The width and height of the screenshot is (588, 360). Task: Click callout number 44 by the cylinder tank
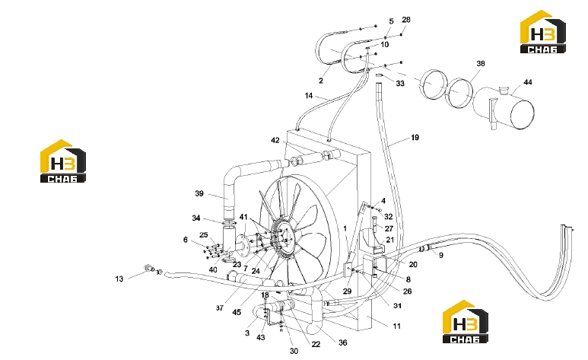click(x=528, y=82)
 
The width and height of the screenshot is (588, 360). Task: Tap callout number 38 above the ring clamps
click(x=481, y=63)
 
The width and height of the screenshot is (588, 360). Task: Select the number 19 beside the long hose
click(x=415, y=138)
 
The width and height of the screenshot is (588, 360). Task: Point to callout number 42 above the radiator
click(x=275, y=140)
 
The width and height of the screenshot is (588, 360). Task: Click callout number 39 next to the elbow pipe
click(x=199, y=193)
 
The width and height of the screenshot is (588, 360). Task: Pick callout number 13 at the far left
click(x=119, y=279)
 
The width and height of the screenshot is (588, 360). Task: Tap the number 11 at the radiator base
click(x=397, y=327)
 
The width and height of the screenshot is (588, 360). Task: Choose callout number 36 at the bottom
click(x=343, y=342)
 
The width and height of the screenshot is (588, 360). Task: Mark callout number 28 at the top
click(x=406, y=20)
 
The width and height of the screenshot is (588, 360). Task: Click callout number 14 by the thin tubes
click(x=309, y=96)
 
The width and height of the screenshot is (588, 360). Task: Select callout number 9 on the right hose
click(x=441, y=255)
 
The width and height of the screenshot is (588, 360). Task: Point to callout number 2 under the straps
click(x=321, y=81)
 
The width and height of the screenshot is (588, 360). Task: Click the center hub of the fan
click(x=286, y=239)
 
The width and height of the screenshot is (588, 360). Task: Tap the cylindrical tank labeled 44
click(x=504, y=109)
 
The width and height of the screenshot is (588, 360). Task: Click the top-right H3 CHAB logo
click(x=542, y=31)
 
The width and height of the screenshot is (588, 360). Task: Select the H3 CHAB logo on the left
click(x=63, y=161)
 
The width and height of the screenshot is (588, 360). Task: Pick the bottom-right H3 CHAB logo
click(x=465, y=321)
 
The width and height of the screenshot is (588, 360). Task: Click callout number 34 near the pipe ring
click(x=196, y=218)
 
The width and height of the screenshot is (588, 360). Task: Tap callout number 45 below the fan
click(x=237, y=312)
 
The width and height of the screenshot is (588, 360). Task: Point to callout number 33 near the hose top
click(x=400, y=83)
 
